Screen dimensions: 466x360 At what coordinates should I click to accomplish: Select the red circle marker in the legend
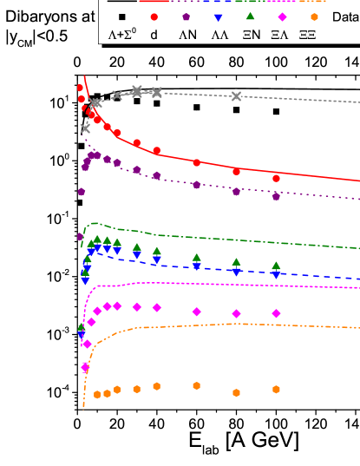[x=154, y=17]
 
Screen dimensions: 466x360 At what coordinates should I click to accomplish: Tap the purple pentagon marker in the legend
[x=186, y=17]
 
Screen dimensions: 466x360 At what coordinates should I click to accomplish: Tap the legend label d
[x=154, y=35]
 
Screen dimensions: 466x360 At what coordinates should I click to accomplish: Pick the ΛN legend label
[x=187, y=35]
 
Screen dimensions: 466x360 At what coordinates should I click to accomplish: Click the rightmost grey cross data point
[x=236, y=95]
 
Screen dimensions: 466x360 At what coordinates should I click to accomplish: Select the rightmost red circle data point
[x=276, y=178]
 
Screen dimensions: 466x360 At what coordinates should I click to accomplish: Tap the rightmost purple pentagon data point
[x=276, y=196]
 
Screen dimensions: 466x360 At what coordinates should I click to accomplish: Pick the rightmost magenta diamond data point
[x=276, y=313]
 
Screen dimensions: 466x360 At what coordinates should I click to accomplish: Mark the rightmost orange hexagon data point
[x=276, y=389]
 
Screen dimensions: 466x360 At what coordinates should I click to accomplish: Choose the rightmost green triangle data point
[x=276, y=266]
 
